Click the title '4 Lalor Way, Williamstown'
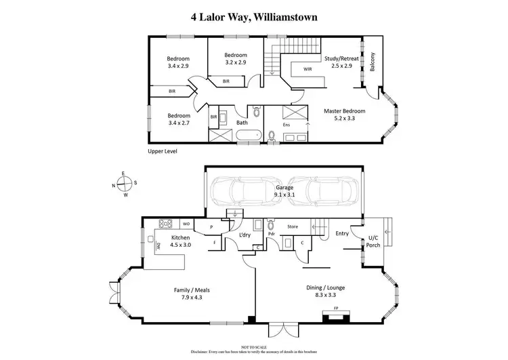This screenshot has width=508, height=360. (253, 17)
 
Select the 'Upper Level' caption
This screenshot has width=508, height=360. (163, 152)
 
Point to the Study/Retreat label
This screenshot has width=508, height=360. (341, 62)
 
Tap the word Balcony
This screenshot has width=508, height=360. (372, 61)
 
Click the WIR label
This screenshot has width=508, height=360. (308, 68)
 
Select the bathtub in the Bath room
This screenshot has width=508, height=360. (248, 138)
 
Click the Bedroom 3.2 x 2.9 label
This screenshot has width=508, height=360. (235, 59)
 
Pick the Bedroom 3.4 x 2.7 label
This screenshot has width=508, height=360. (179, 119)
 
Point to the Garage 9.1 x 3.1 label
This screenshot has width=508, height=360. (283, 191)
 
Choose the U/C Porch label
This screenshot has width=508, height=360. (373, 241)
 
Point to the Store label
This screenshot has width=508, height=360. (293, 226)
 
